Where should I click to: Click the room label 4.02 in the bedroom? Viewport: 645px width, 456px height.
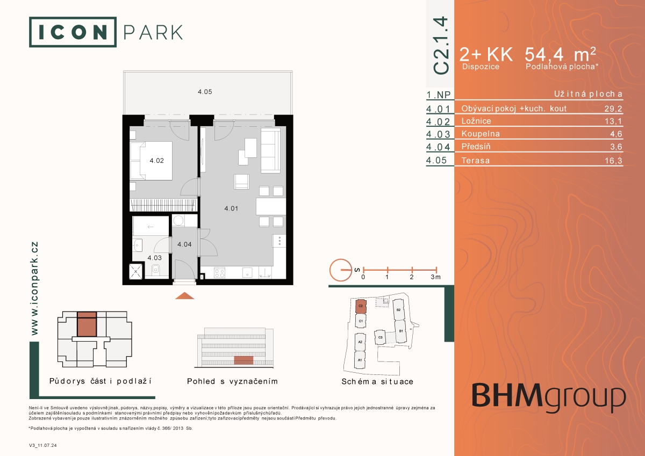[156, 161]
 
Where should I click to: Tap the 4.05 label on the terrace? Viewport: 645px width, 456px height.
[205, 92]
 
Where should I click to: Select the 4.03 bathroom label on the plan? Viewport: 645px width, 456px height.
[155, 258]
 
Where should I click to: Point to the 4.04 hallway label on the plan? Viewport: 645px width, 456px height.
[184, 244]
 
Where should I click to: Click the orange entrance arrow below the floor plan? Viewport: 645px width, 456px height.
[184, 296]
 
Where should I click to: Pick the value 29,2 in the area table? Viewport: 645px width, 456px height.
[613, 108]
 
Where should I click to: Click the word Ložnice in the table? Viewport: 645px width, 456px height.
[476, 121]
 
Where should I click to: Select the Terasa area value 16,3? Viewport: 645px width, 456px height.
[613, 161]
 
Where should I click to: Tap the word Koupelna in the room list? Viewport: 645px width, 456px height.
[481, 134]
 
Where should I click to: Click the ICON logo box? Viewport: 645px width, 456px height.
[73, 32]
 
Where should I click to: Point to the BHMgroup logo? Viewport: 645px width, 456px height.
[549, 397]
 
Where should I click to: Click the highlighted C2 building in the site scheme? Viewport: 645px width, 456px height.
[361, 306]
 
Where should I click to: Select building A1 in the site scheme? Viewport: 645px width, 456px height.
[360, 360]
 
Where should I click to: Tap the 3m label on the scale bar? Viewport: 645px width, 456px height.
[436, 277]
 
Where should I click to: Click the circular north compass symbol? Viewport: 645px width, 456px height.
[341, 270]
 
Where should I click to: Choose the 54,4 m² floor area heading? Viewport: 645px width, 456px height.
[560, 54]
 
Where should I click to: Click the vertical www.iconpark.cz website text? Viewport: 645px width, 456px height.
[34, 288]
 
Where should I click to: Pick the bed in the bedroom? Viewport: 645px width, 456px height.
[152, 161]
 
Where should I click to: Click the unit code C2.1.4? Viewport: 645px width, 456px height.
[441, 45]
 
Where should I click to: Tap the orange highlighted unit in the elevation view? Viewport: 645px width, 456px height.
[243, 360]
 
